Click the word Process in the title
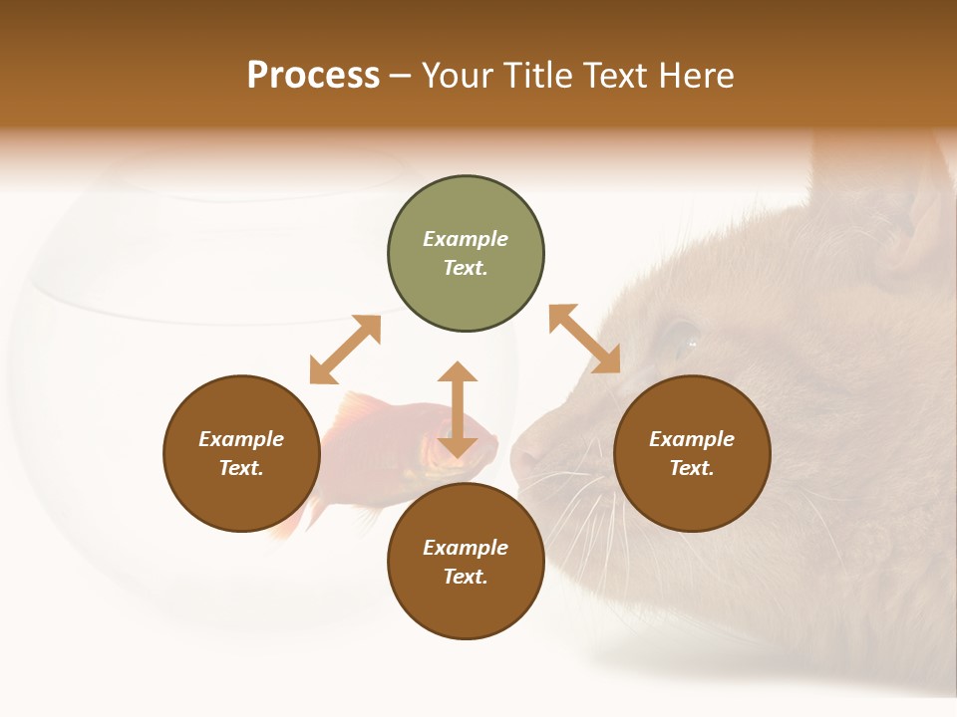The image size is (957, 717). [313, 76]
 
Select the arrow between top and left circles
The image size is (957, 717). [345, 350]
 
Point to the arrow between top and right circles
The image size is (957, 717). [585, 340]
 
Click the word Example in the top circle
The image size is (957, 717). [466, 239]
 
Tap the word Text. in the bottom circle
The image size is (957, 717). [466, 577]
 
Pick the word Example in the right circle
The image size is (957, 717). [692, 439]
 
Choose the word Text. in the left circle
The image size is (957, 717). [241, 468]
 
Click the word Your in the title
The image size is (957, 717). [457, 76]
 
